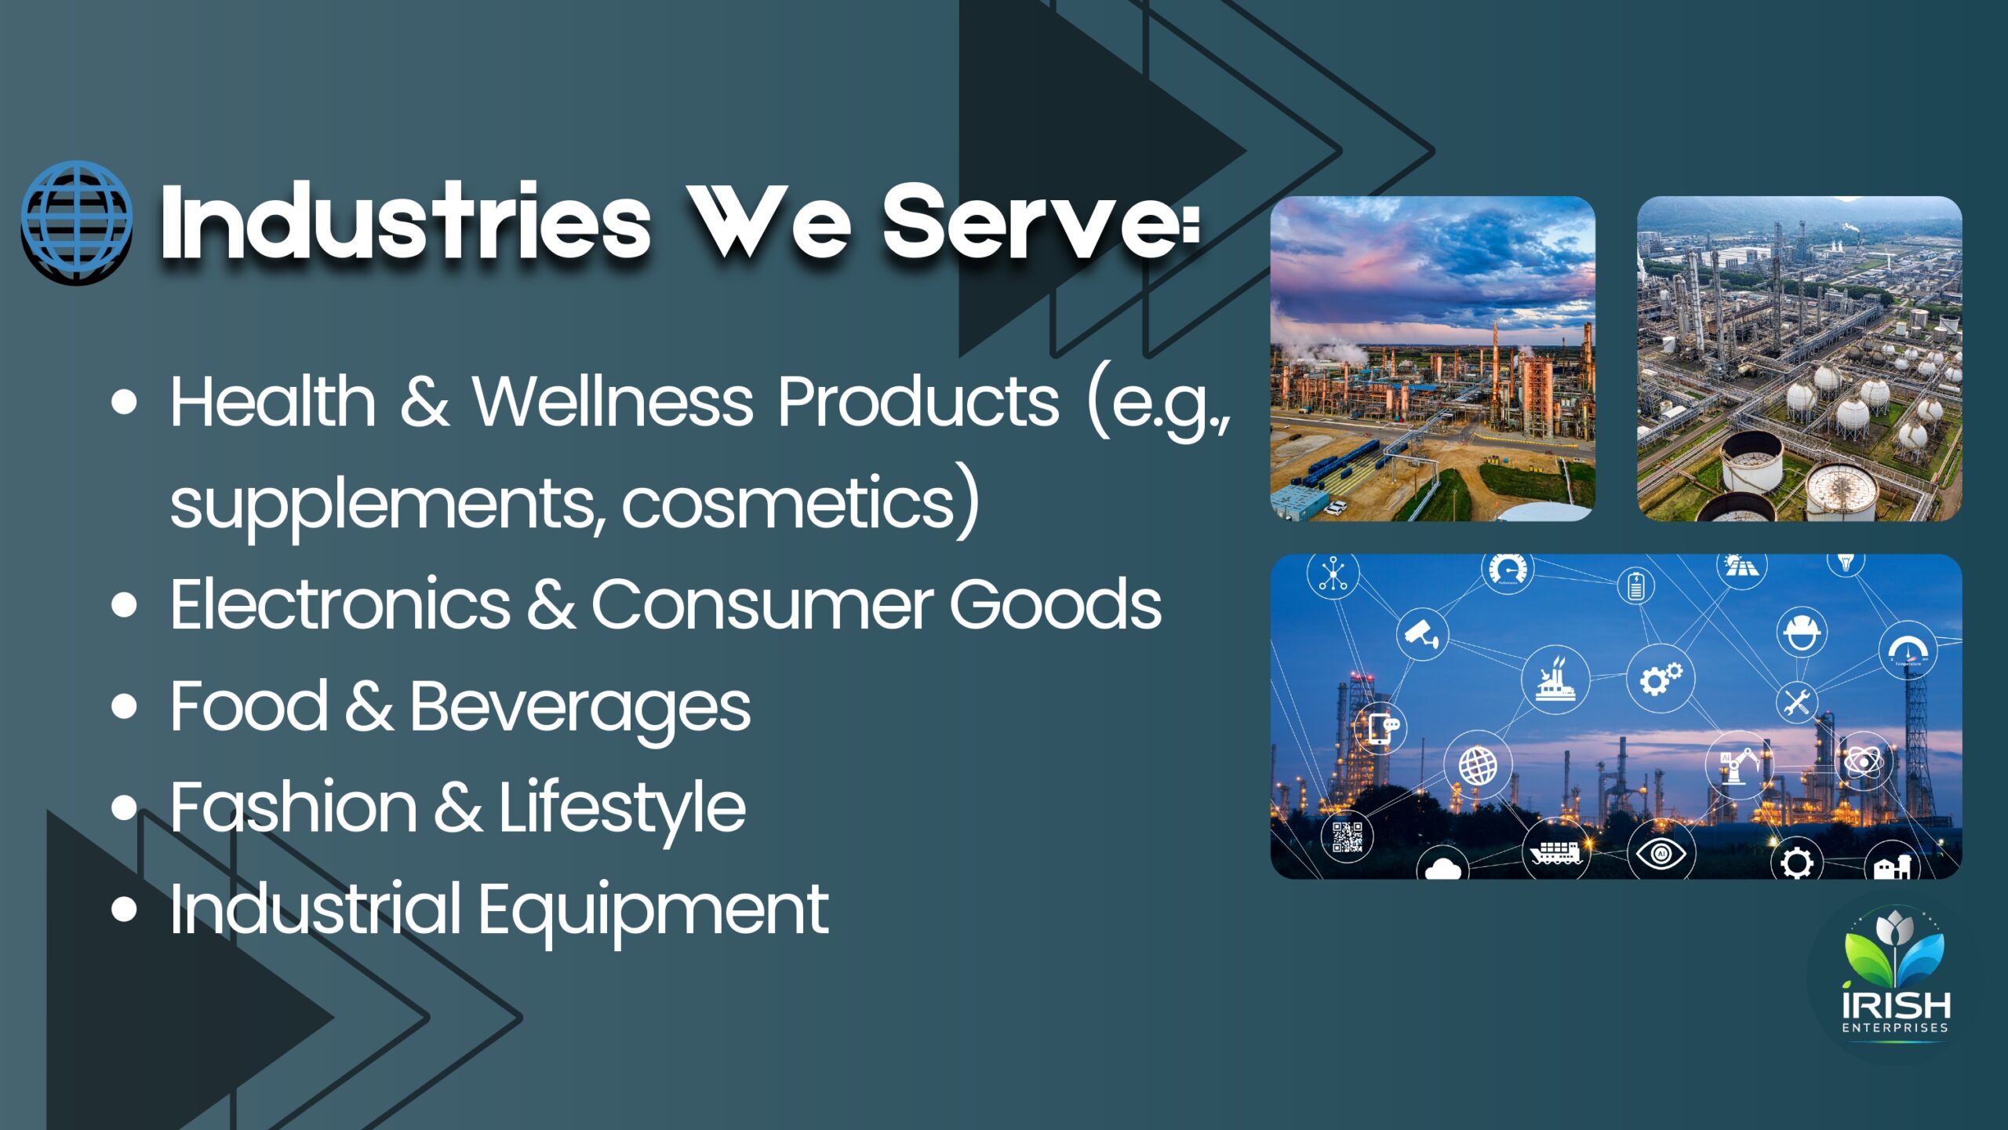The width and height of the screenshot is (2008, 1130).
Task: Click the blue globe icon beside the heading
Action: [77, 223]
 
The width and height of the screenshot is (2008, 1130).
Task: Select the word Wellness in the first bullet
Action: [612, 401]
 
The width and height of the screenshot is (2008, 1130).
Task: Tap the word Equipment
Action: [653, 911]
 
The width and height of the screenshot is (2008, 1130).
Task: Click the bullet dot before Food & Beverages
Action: [124, 705]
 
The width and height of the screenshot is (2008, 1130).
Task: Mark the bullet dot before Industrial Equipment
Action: [124, 909]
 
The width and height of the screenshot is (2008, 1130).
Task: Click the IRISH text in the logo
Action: [1895, 1004]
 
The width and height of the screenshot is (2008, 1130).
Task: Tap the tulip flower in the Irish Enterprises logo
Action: [1895, 929]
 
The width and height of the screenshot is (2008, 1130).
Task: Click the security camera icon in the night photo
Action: [1422, 634]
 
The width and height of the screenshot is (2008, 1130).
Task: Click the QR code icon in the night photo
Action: [1348, 837]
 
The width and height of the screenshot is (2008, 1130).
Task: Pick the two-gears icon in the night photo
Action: [1661, 678]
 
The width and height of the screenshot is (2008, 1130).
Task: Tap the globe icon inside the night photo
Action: [1478, 766]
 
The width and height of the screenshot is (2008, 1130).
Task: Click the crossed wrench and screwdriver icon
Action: [1797, 701]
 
